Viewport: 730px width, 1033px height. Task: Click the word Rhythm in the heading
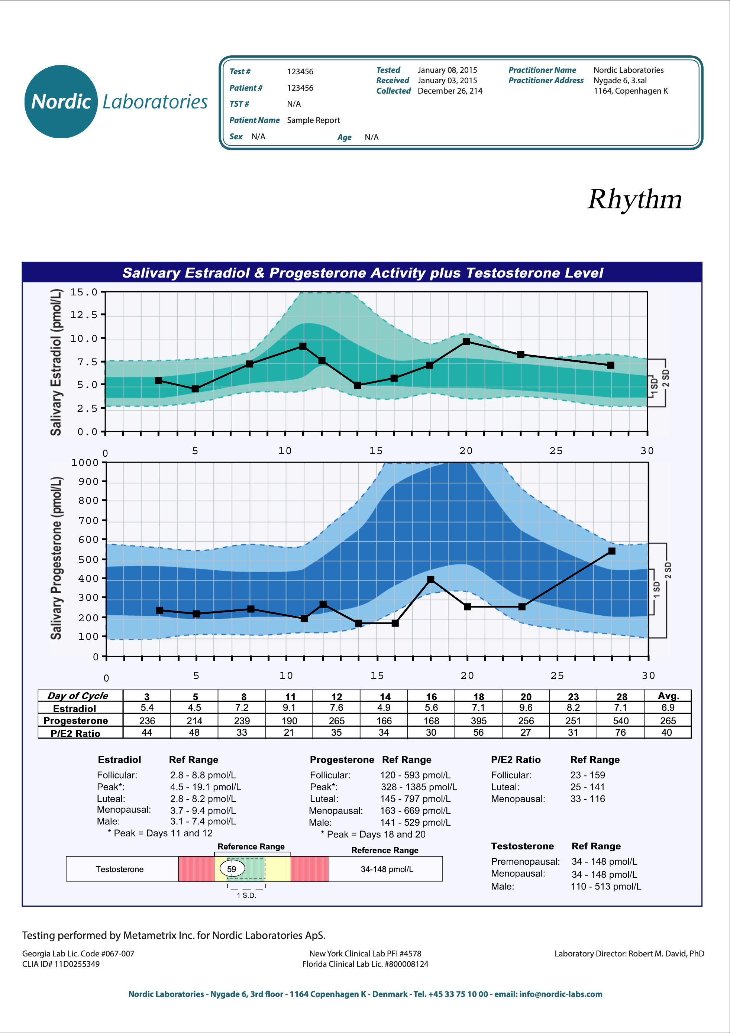tap(634, 199)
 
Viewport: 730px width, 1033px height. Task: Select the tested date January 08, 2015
tap(447, 70)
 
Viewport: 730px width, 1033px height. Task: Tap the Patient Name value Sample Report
tap(313, 120)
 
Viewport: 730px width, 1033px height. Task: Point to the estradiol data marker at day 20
tap(466, 341)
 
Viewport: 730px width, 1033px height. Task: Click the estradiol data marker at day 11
tap(303, 346)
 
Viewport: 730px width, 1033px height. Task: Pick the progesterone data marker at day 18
tap(431, 580)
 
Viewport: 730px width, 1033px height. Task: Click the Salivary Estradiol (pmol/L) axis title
tap(56, 362)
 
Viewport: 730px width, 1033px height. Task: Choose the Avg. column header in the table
tap(668, 696)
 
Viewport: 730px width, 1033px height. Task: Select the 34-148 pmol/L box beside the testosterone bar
tap(387, 869)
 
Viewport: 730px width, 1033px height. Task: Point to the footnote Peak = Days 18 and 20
tap(373, 834)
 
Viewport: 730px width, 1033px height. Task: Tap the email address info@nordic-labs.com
tap(561, 994)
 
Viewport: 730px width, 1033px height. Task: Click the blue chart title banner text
tap(362, 273)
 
